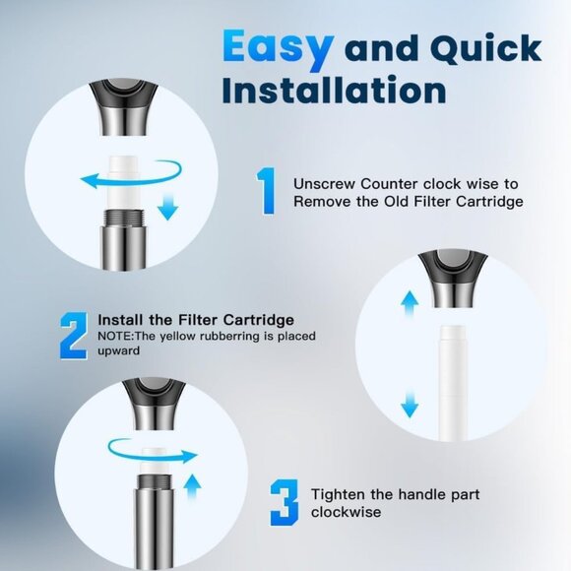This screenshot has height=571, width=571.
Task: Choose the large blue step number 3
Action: click(x=284, y=501)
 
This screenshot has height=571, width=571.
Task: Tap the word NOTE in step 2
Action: click(x=115, y=336)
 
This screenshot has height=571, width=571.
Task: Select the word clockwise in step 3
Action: click(x=345, y=512)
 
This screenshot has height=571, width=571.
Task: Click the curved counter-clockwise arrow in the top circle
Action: click(x=98, y=179)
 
